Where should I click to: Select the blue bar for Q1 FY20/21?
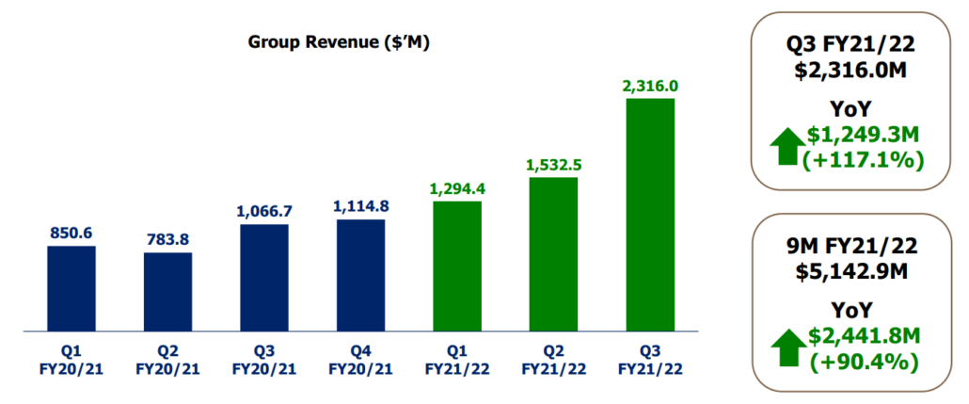71,288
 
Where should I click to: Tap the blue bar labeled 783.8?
167,292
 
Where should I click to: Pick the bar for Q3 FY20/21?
264,278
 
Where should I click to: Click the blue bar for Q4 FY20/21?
360,275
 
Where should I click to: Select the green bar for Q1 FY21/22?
457,267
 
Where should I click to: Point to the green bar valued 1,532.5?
553,254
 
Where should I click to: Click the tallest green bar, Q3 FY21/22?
650,215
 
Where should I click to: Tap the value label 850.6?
71,233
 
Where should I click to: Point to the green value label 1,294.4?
457,188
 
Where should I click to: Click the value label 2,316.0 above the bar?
650,86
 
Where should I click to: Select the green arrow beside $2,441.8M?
786,349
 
